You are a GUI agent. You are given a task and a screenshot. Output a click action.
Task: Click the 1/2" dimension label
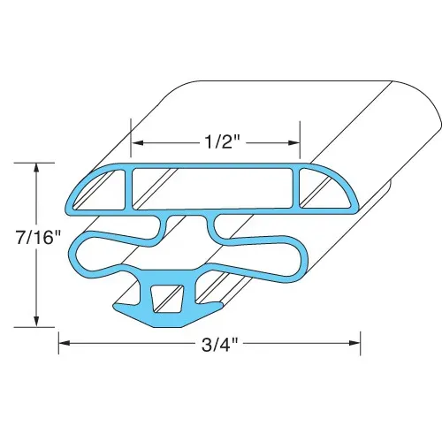pos(221,143)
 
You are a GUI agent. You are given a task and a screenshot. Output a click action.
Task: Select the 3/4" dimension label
pos(219,346)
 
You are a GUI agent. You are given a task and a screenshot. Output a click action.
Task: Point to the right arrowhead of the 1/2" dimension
pos(293,143)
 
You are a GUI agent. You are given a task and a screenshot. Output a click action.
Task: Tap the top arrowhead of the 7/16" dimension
pos(36,168)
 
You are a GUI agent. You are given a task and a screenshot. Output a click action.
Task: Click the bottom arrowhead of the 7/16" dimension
pos(36,321)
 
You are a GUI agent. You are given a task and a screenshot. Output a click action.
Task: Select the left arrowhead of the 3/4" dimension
pos(65,343)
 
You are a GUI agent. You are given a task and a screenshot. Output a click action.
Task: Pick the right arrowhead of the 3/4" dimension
pos(354,343)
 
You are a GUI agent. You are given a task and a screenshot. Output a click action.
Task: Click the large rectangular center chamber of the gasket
pos(212,189)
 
